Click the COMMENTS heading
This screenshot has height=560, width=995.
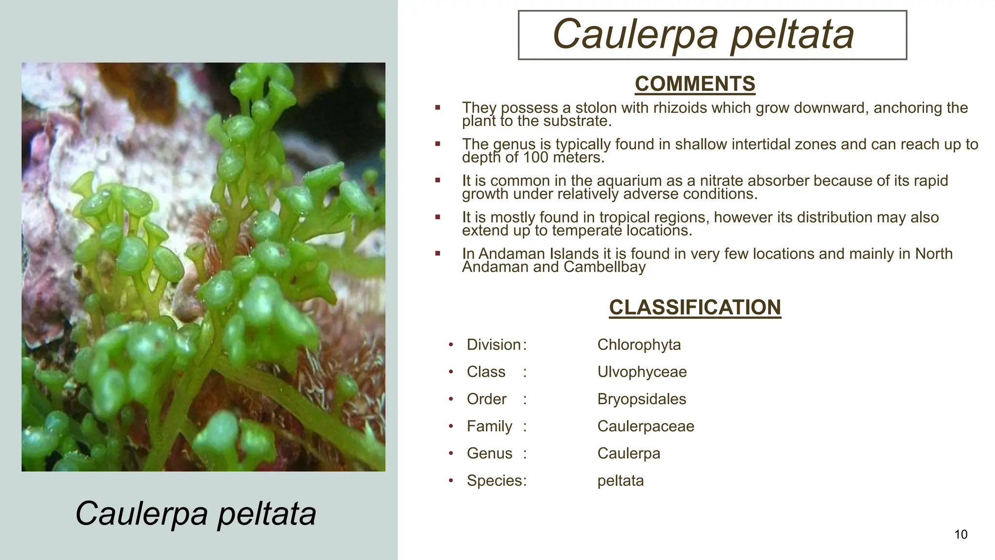[x=695, y=84]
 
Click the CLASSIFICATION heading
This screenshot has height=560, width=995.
[x=695, y=308]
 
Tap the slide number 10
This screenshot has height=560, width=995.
[x=961, y=535]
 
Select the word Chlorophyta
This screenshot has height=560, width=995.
[x=639, y=345]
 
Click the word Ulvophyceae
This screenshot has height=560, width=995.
[x=642, y=372]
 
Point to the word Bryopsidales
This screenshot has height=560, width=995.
[x=641, y=399]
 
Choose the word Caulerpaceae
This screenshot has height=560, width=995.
[x=646, y=426]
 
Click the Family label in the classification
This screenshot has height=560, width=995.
[x=489, y=426]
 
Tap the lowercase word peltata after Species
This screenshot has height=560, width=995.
[x=620, y=481]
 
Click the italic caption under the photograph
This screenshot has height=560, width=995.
[x=196, y=513]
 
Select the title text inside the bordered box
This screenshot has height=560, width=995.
[x=703, y=34]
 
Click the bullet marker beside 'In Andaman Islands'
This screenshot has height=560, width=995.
[x=438, y=253]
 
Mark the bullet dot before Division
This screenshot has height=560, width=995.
[x=451, y=345]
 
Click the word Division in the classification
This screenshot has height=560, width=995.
[x=494, y=345]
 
